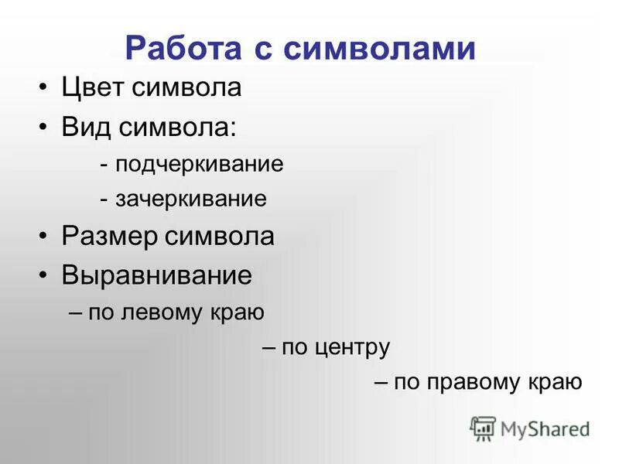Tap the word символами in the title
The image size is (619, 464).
click(x=378, y=48)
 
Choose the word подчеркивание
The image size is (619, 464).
click(x=200, y=165)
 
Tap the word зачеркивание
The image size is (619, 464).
click(x=191, y=200)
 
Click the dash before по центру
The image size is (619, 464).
click(x=269, y=347)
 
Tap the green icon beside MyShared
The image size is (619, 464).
click(x=484, y=428)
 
